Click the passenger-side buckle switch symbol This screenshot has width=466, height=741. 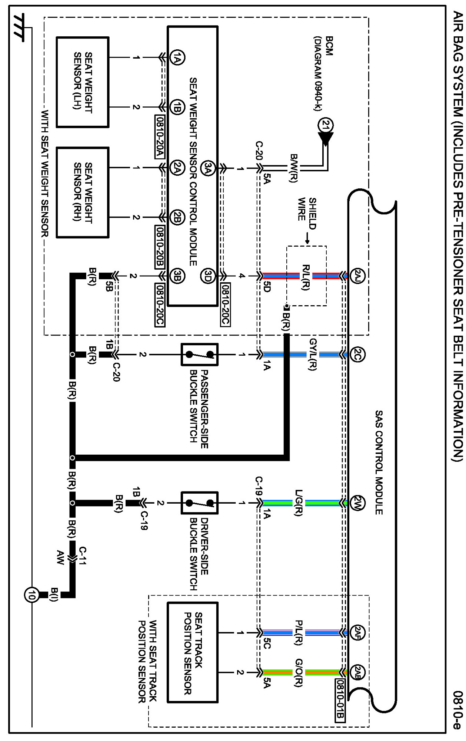199,355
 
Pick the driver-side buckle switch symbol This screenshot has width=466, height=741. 199,503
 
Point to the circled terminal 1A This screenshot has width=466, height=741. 177,57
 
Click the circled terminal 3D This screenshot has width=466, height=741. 208,276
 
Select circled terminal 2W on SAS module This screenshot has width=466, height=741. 357,503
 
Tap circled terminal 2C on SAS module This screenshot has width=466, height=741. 357,355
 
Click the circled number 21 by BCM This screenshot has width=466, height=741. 326,125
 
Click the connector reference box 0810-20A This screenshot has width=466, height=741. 160,136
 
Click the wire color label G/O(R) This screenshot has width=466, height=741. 299,672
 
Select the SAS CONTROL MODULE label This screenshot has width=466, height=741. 379,462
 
